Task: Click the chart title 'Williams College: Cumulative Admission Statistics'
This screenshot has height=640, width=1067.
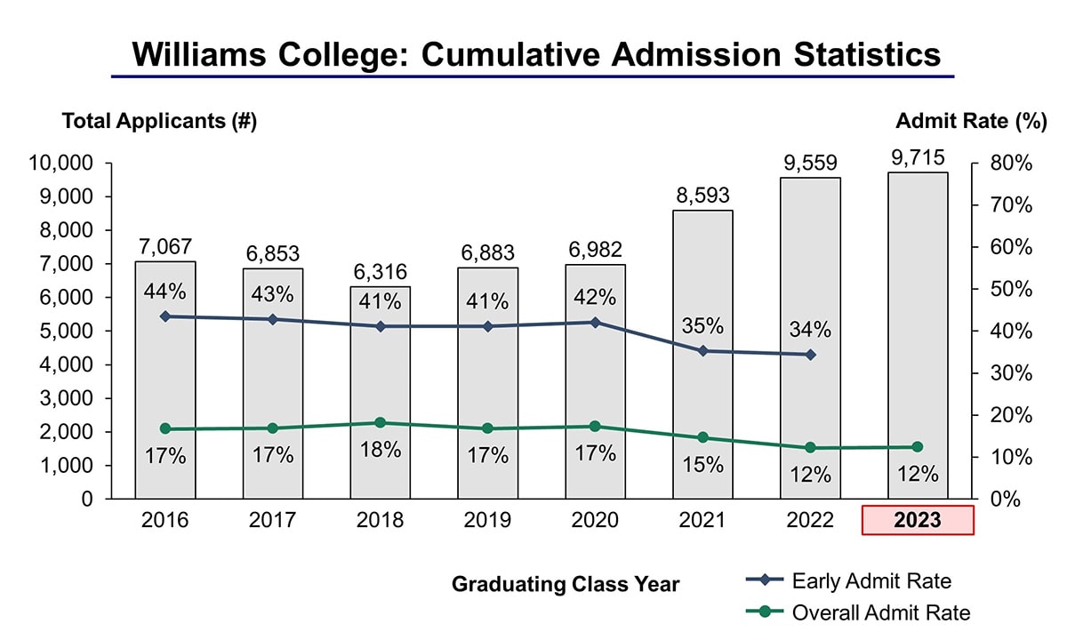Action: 535,54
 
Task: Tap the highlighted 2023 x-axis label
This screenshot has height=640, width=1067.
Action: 918,521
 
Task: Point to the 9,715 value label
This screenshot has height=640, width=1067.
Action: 918,157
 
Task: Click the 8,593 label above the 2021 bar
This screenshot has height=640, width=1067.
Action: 702,196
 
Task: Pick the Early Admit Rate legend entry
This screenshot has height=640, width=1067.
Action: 870,581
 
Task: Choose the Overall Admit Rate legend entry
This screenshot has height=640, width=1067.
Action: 880,612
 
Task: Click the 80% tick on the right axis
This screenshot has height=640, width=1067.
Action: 1011,164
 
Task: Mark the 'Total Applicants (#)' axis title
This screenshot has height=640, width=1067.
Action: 159,122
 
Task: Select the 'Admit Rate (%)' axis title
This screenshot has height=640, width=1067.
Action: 971,122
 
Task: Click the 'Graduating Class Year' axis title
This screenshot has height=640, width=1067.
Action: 566,584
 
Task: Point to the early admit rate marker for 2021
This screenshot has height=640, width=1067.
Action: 702,351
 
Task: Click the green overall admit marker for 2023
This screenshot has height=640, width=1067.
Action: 918,447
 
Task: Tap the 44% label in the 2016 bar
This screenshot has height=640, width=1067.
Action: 165,292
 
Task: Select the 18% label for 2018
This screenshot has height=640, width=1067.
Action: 381,450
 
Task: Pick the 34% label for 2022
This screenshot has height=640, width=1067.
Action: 810,330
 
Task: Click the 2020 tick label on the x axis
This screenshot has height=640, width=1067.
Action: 595,521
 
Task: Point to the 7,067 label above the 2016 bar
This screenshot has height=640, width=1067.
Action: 165,246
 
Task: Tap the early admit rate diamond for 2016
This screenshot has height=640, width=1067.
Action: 165,316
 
